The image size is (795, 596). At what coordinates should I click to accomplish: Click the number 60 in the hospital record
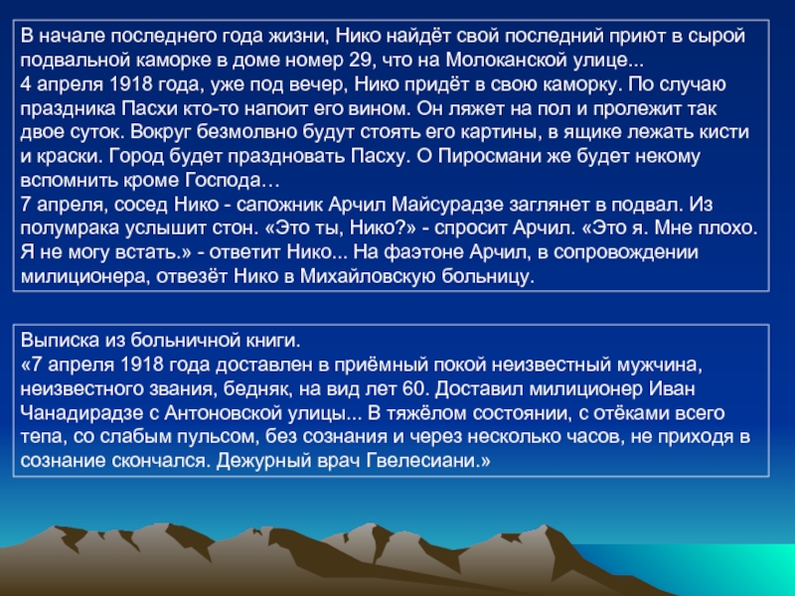click(415, 388)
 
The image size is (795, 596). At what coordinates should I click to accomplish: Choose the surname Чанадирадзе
click(82, 412)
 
